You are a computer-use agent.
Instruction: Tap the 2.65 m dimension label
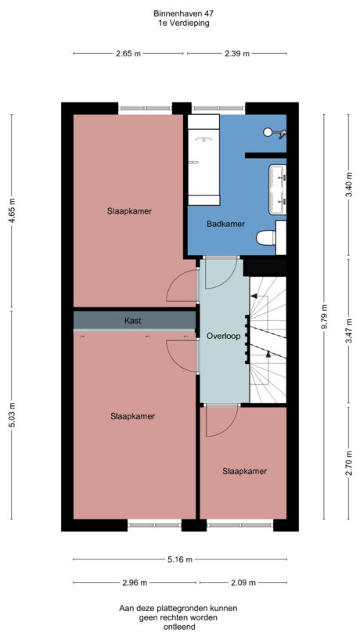pyautogui.click(x=128, y=54)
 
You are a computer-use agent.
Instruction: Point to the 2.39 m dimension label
pyautogui.click(x=236, y=54)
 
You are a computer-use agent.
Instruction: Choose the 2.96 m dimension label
pyautogui.click(x=135, y=583)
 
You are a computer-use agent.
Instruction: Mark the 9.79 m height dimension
pyautogui.click(x=324, y=316)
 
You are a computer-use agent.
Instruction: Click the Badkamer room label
pyautogui.click(x=225, y=224)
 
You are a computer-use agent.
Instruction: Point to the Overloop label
pyautogui.click(x=223, y=336)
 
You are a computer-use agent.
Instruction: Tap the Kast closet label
pyautogui.click(x=133, y=321)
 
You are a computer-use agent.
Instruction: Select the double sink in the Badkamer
pyautogui.click(x=278, y=189)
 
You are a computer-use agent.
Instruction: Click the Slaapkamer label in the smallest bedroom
pyautogui.click(x=244, y=471)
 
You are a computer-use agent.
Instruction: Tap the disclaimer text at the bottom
pyautogui.click(x=178, y=617)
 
